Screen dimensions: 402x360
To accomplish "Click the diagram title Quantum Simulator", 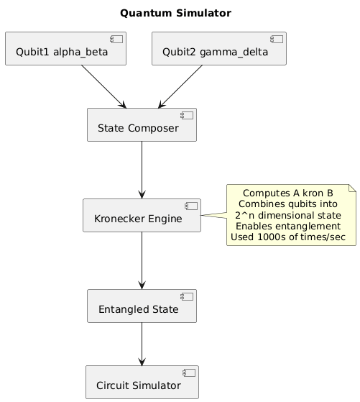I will pyautogui.click(x=175, y=13).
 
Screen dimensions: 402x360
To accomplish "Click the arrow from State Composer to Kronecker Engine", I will pyautogui.click(x=142, y=170).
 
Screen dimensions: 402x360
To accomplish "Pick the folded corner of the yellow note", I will pyautogui.click(x=352, y=188).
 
